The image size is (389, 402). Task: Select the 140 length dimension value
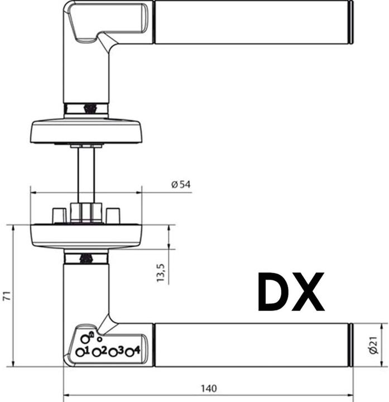pos(208,388)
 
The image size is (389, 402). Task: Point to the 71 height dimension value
pos(6,296)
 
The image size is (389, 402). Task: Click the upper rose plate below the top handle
pos(86,131)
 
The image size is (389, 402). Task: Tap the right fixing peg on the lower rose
pos(113,215)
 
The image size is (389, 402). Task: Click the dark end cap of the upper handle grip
pos(351,22)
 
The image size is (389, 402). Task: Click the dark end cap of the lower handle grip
pos(351,344)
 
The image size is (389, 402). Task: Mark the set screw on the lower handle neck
pos(86,259)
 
